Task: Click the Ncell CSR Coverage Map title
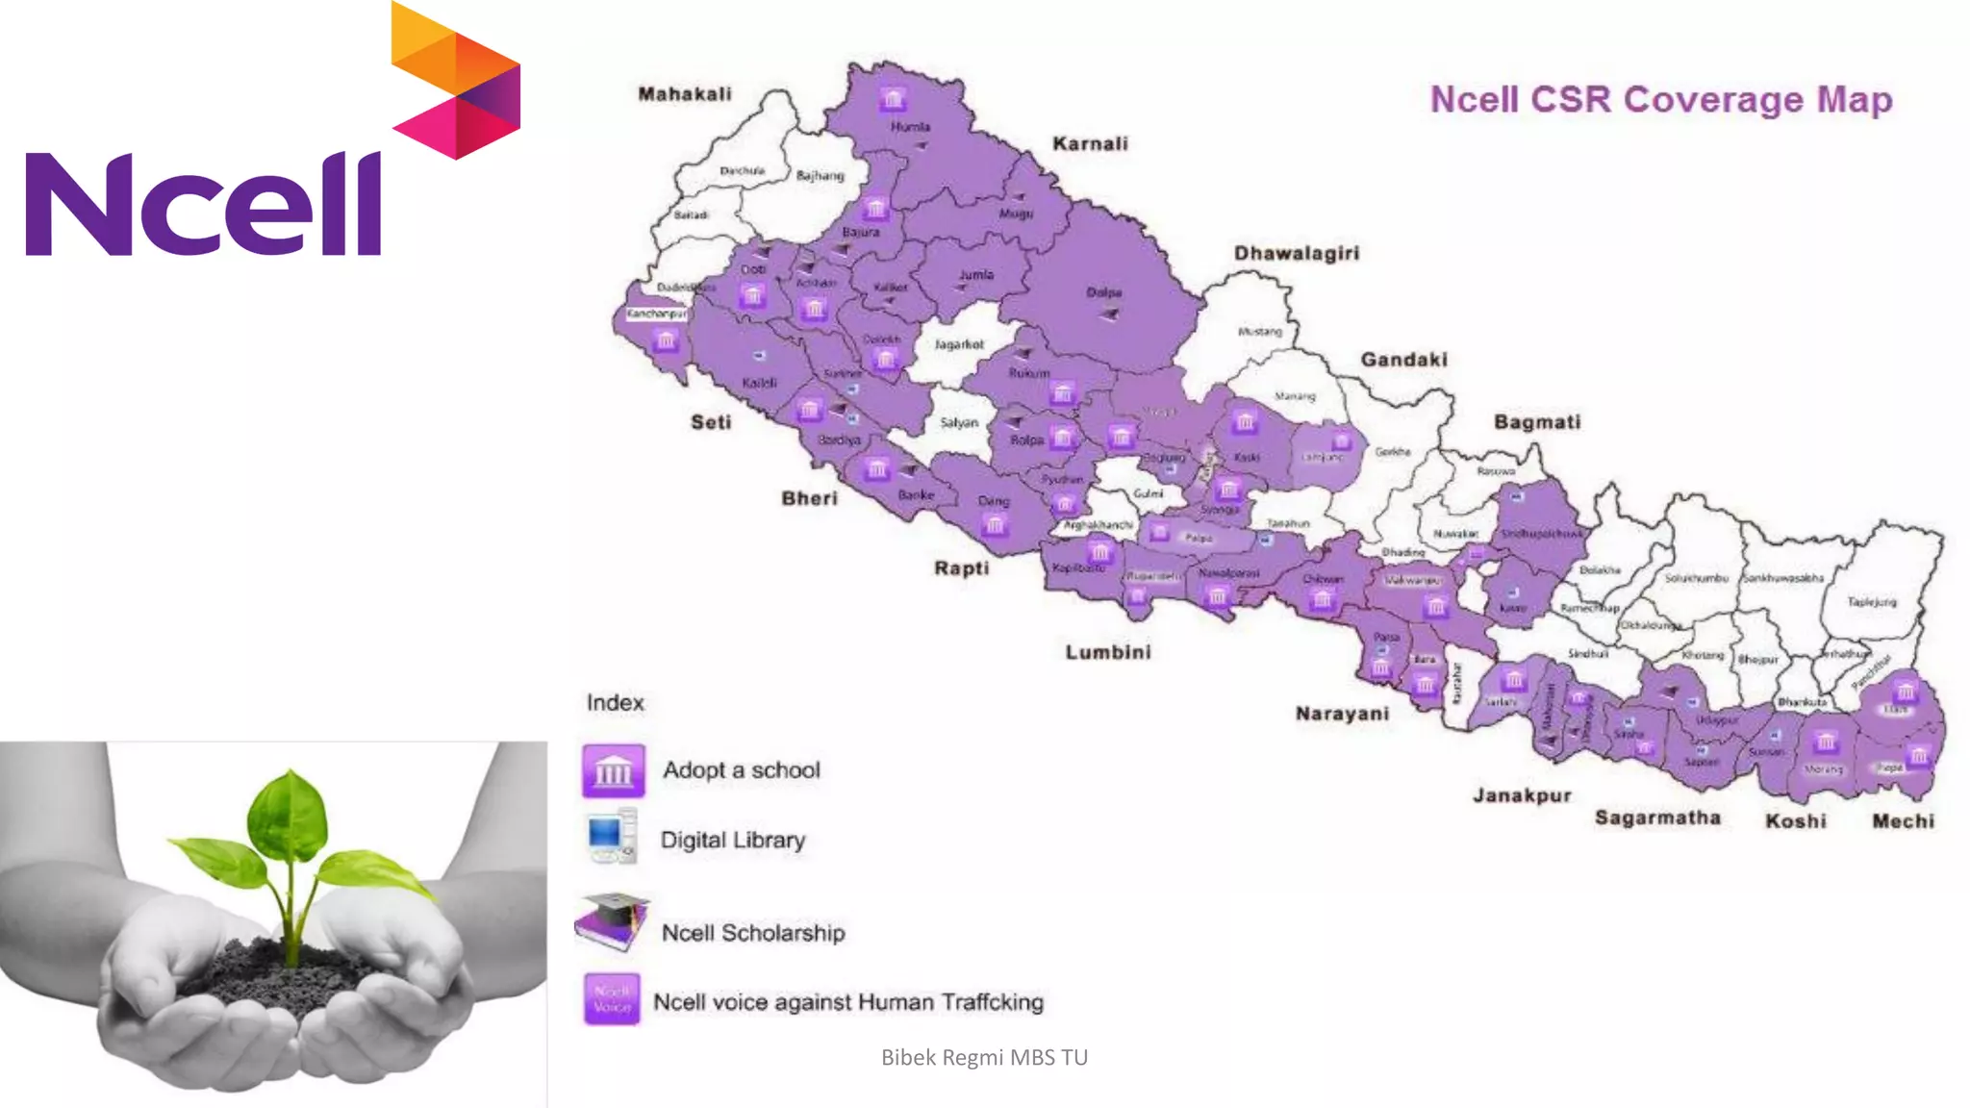pos(1660,100)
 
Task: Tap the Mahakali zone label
pos(685,94)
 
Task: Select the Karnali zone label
pos(1090,144)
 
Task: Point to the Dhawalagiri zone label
pos(1297,253)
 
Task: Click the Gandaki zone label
pos(1403,360)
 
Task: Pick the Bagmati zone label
pos(1536,422)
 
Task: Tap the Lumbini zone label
pos(1108,652)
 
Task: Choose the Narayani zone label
pos(1342,714)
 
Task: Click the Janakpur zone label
pos(1522,795)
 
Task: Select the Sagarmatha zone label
pos(1657,818)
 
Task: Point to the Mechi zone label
pos(1903,821)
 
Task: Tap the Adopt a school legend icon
pos(613,770)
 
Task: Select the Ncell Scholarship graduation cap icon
pos(613,921)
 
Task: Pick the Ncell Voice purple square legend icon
pos(612,998)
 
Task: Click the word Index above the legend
pos(615,703)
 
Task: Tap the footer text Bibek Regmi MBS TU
pos(984,1058)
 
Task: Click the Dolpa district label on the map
pos(1103,292)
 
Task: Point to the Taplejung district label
pos(1871,602)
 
